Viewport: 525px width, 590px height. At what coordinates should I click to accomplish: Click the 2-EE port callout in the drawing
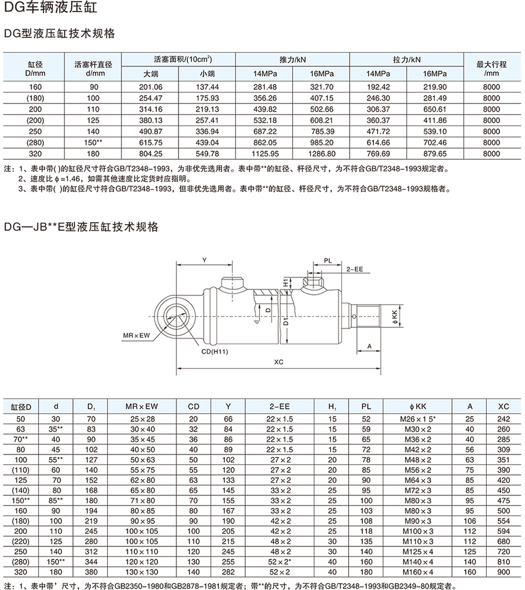coord(354,270)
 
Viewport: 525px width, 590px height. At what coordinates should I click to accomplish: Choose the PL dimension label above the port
coord(327,261)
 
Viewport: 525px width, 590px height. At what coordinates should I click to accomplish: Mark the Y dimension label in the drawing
coord(204,261)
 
